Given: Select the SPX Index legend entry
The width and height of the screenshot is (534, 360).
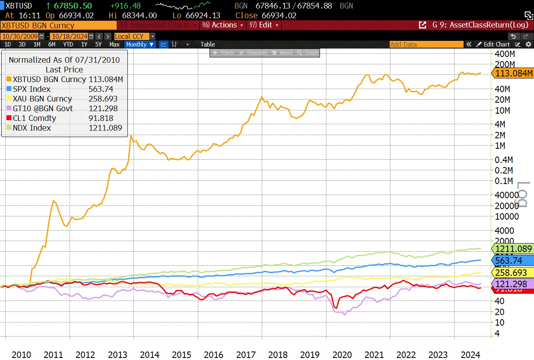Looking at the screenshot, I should click(31, 89).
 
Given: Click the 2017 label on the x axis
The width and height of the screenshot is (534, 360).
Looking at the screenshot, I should click(246, 355).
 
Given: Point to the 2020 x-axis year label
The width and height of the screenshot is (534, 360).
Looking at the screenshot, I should click(342, 355).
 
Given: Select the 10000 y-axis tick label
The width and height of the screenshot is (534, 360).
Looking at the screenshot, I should click(507, 216).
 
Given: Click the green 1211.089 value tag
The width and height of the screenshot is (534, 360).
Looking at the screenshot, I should click(513, 249).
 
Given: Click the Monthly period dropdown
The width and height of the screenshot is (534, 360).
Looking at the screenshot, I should click(140, 44).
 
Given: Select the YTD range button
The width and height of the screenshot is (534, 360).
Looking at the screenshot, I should click(68, 44).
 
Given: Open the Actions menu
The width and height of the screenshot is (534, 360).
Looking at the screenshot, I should click(224, 25).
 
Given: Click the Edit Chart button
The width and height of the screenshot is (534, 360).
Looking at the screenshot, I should click(494, 44).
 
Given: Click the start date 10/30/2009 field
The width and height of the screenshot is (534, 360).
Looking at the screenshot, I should click(19, 36).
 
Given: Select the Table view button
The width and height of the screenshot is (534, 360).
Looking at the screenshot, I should click(208, 44).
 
